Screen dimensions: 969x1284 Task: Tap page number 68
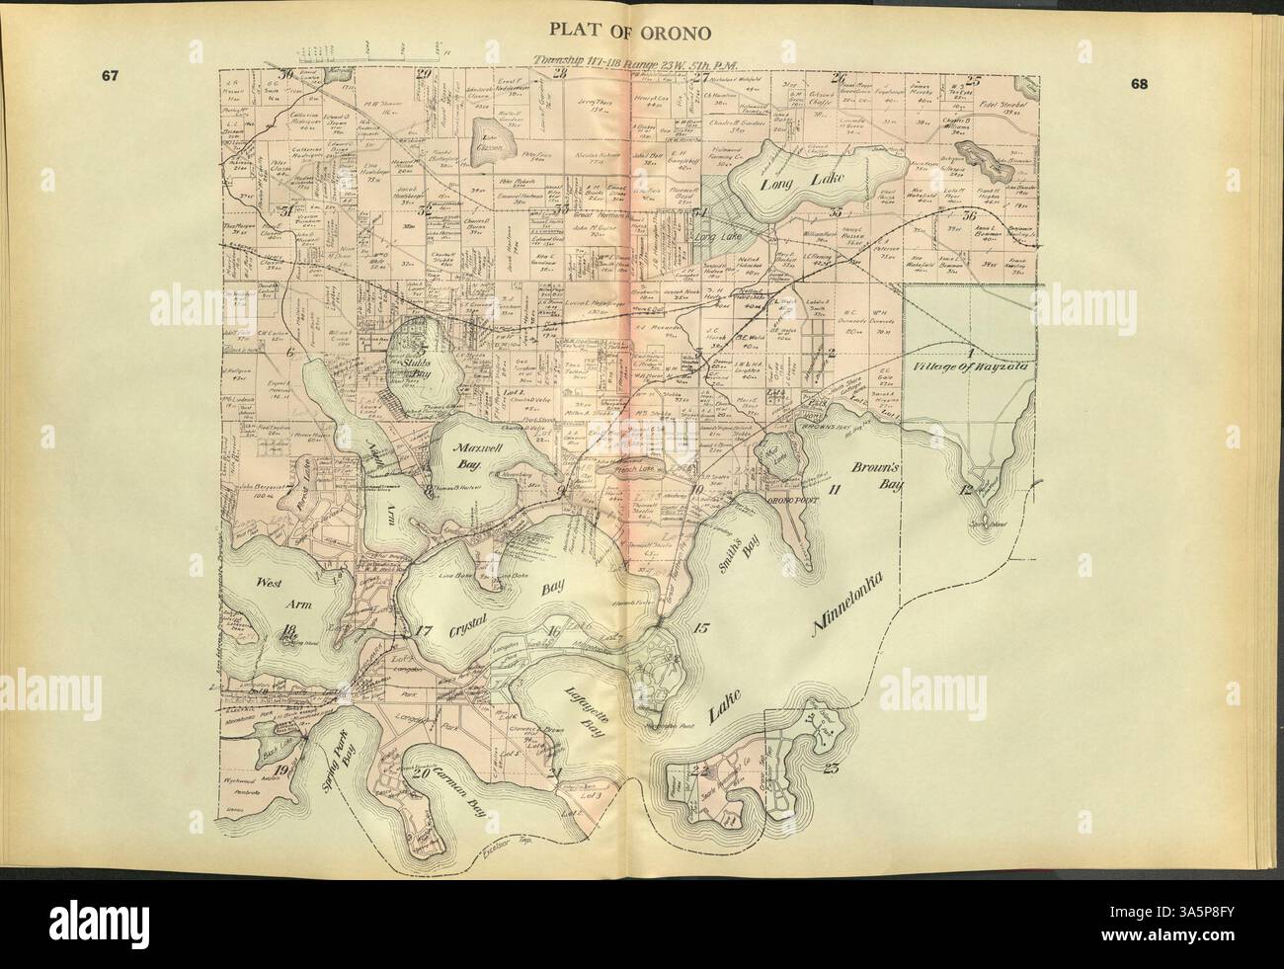click(x=1139, y=84)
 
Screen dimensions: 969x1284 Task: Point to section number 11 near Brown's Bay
click(x=836, y=490)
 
